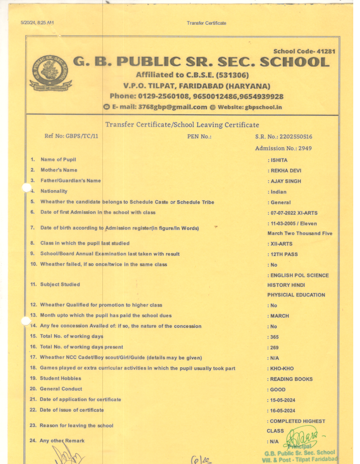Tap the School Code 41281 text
pos(304,51)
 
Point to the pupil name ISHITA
pos(279,160)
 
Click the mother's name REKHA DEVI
pos(286,170)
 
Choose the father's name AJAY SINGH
pos(286,181)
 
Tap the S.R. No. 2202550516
pos(283,137)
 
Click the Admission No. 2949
pos(283,148)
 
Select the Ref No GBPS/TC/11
pos(71,136)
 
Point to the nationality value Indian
pos(278,192)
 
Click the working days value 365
pos(274,337)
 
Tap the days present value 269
pos(274,348)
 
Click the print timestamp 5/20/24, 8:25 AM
pos(37,22)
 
